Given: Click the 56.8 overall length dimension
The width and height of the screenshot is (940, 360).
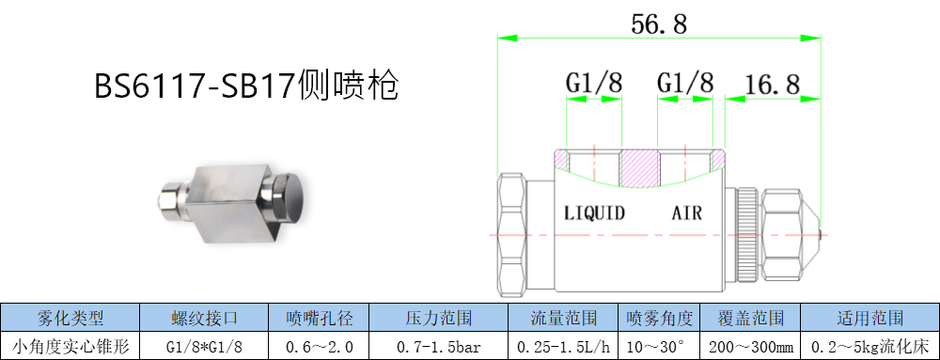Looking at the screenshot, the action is coord(659,24).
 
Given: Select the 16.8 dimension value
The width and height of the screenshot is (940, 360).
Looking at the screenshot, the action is coord(772,85).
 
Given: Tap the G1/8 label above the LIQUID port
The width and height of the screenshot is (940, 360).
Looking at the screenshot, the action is coord(594,83).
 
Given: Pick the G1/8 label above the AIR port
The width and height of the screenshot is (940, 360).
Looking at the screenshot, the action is coord(685,83).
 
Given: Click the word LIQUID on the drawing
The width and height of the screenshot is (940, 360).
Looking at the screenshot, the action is coord(595,212).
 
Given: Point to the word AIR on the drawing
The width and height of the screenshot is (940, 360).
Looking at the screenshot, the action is coord(686,212).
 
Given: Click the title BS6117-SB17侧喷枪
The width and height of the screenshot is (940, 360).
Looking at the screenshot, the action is coord(246,86).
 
